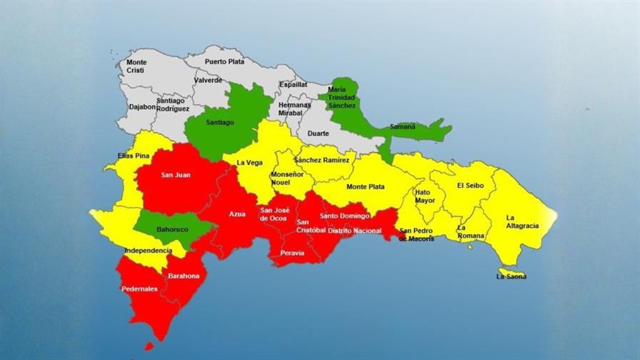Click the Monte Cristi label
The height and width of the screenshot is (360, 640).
tap(136, 66)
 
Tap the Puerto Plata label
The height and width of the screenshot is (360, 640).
tap(225, 61)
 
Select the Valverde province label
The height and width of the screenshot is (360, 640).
tap(208, 81)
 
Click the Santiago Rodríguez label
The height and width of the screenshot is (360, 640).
tap(173, 104)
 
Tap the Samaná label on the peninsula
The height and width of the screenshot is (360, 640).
tap(402, 126)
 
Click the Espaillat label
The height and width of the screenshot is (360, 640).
tap(294, 84)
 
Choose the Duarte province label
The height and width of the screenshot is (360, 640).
tap(318, 133)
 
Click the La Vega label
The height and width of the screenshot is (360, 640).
tap(249, 163)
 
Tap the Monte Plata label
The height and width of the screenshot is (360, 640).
tap(365, 187)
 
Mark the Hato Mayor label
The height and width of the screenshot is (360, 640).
tap(425, 196)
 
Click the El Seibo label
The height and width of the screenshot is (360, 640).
tap(470, 185)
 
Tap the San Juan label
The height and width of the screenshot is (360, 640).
tap(175, 174)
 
